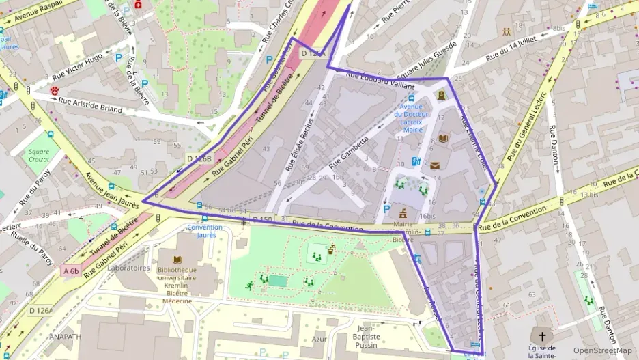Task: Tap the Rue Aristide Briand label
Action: pos(90,105)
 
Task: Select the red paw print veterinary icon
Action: pos(55,89)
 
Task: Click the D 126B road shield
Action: pos(199,159)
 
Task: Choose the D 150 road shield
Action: pos(262,219)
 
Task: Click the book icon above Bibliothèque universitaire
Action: pos(177,260)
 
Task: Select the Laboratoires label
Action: pos(128,268)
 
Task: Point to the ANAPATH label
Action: pos(66,336)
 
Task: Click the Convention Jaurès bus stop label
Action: pos(204,231)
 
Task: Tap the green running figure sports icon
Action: pos(249,286)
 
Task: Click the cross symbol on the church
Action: pos(543,336)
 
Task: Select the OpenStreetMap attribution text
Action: pos(602,351)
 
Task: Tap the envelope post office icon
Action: pos(434,165)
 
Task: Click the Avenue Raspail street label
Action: pos(31,8)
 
